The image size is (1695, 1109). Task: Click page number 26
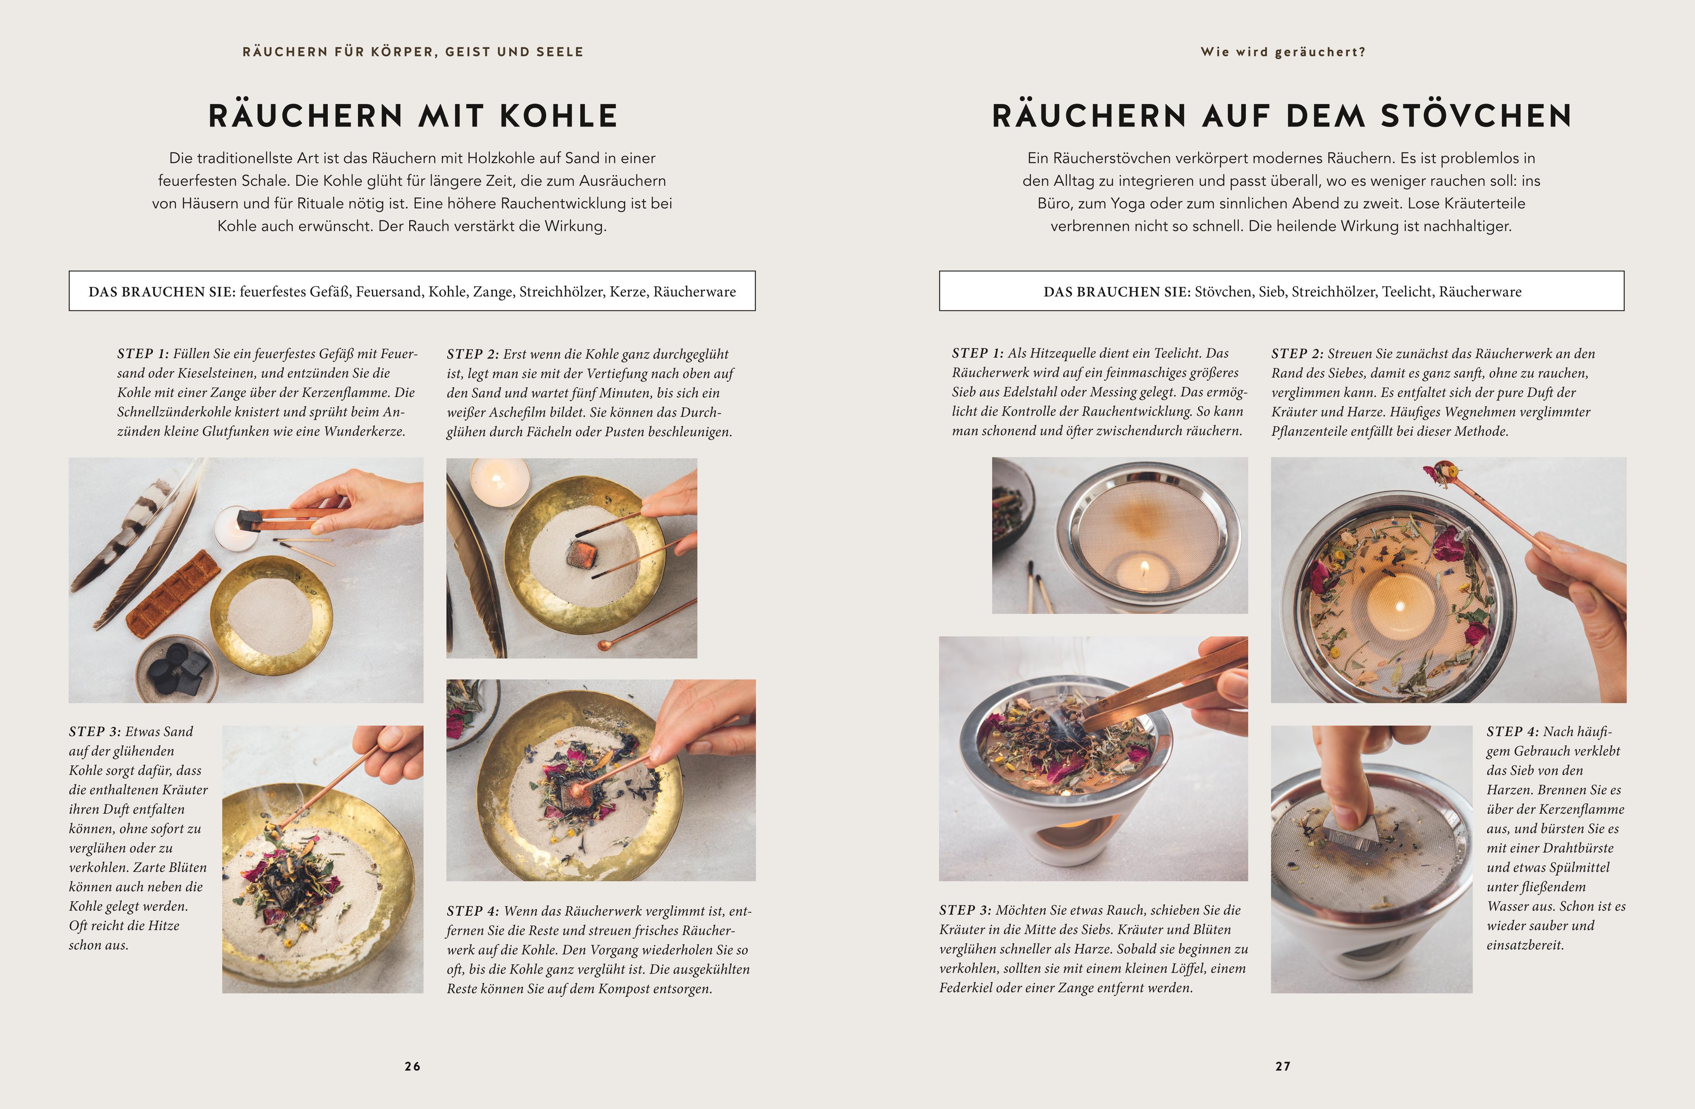pyautogui.click(x=412, y=1066)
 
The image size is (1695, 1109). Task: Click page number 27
pyautogui.click(x=1283, y=1066)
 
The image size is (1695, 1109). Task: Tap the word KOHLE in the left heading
pyautogui.click(x=559, y=116)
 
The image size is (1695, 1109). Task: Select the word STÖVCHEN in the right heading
pyautogui.click(x=1476, y=116)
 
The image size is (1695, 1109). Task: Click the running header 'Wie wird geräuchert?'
pyautogui.click(x=1283, y=52)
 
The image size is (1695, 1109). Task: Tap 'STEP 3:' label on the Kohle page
pyautogui.click(x=95, y=731)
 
